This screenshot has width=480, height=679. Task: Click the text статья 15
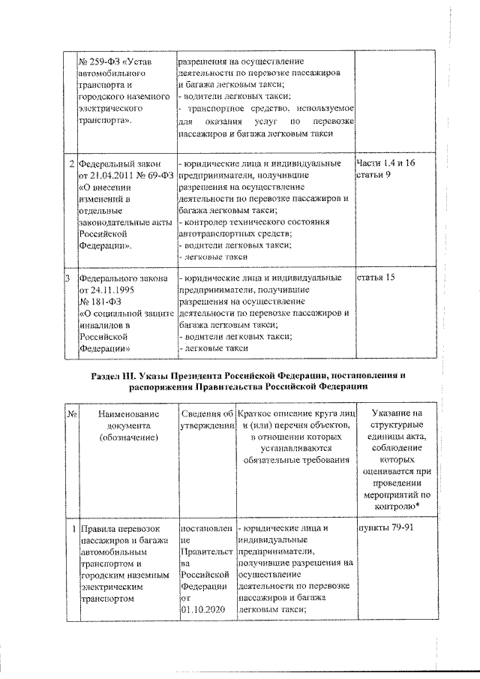(x=377, y=278)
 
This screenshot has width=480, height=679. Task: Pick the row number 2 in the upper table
(x=70, y=164)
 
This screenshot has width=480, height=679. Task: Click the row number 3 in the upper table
(x=70, y=278)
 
